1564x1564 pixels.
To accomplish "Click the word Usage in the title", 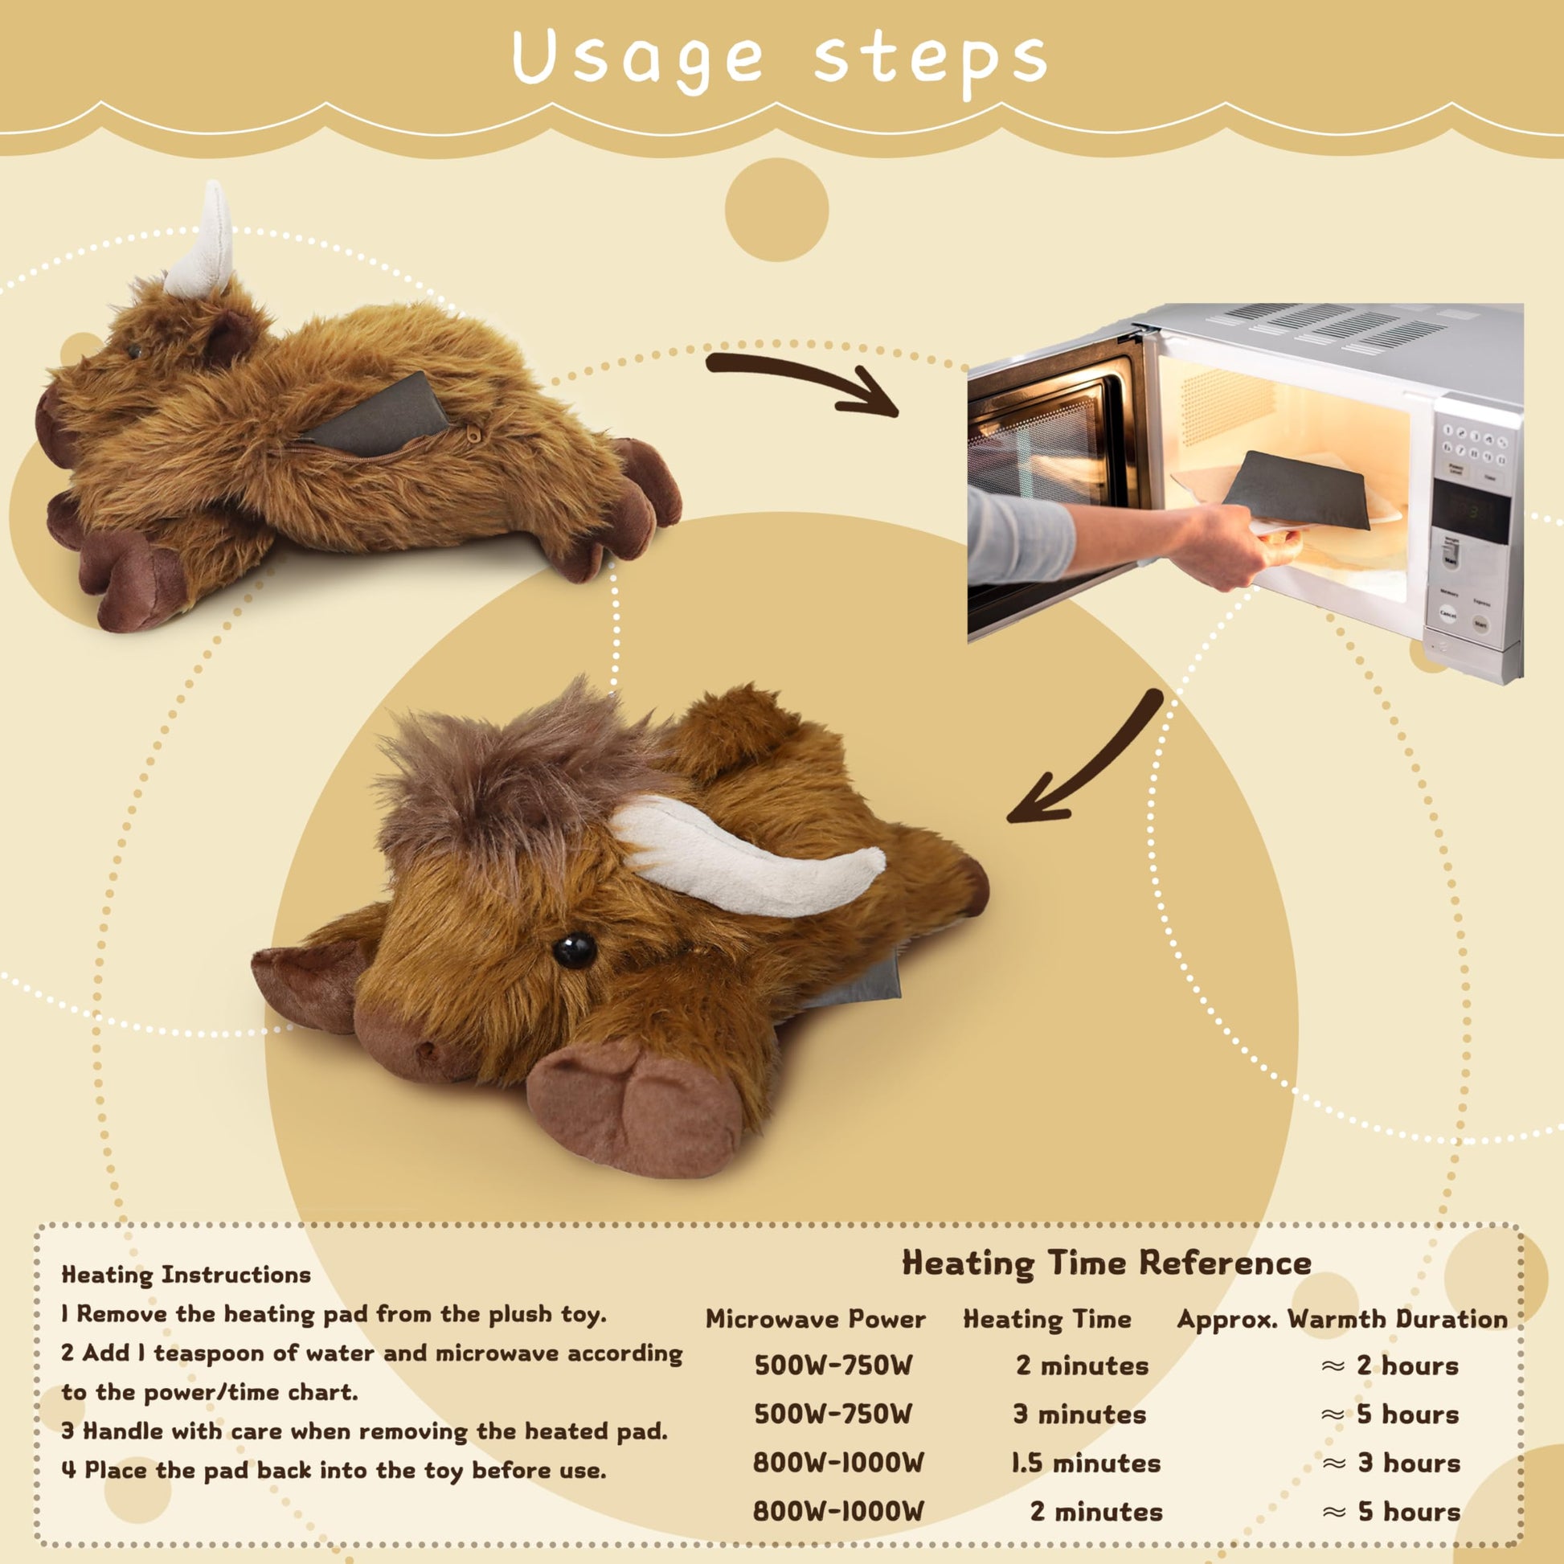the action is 638,59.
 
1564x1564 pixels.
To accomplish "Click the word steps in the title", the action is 930,61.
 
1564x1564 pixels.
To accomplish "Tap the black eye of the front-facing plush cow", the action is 574,951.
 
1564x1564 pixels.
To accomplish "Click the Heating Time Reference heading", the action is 1107,1263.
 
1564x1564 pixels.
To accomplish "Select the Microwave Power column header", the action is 815,1319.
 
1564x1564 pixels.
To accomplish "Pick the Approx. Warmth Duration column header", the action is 1342,1320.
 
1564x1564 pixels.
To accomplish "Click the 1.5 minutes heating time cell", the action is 1086,1464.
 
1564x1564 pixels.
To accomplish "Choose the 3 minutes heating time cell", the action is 1080,1415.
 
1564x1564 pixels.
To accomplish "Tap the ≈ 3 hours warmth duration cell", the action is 1390,1464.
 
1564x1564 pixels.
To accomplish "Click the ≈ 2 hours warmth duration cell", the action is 1390,1365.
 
